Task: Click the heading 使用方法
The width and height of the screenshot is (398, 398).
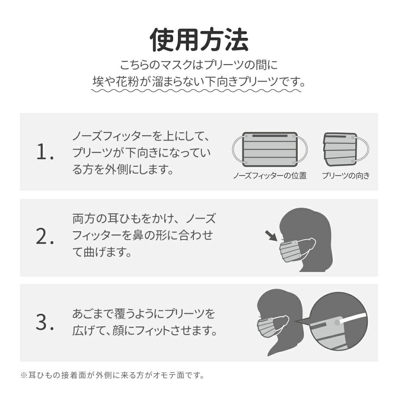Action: pyautogui.click(x=199, y=40)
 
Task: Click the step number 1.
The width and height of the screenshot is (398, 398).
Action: pyautogui.click(x=45, y=152)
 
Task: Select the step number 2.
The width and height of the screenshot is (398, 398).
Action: pyautogui.click(x=45, y=236)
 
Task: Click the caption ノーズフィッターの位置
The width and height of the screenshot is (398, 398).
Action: pyautogui.click(x=270, y=176)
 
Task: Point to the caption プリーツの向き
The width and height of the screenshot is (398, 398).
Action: pyautogui.click(x=346, y=176)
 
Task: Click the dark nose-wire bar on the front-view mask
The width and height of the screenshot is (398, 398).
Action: pyautogui.click(x=270, y=136)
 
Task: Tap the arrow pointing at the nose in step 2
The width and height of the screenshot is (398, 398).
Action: pyautogui.click(x=271, y=236)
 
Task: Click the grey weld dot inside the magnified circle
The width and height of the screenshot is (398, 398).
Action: pyautogui.click(x=337, y=323)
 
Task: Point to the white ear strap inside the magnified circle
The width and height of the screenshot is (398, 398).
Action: pyautogui.click(x=354, y=318)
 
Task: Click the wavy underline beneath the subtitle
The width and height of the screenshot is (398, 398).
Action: pyautogui.click(x=196, y=90)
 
